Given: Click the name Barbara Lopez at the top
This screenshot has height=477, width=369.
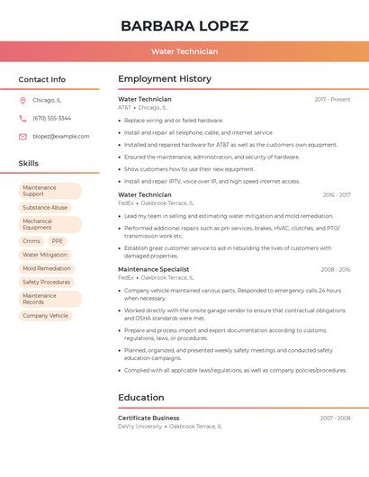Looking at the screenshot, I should tap(184, 25).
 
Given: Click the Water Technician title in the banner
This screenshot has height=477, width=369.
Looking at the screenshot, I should tap(184, 51).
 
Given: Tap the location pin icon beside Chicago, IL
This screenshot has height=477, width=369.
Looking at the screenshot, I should tap(22, 100).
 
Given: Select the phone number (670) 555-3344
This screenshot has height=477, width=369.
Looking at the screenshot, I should tap(51, 118).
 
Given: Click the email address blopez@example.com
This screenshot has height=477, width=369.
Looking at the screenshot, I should tap(61, 136).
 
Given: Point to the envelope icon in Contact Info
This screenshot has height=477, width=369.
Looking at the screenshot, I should tap(22, 136).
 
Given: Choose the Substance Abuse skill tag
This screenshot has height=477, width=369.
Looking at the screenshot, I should tap(45, 207).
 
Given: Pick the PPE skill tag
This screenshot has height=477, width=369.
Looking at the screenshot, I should tap(58, 241).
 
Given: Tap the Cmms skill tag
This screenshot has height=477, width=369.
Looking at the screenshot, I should tap(31, 241).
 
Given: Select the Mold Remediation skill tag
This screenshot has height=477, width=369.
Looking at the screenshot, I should tap(47, 268).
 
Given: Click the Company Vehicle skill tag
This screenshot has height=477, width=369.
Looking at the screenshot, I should tap(45, 316).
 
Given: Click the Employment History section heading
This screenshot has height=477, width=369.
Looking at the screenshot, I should tap(165, 79).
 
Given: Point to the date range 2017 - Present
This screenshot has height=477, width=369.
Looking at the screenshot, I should tap(332, 99).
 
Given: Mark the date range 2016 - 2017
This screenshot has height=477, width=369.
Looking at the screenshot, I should tap(336, 194).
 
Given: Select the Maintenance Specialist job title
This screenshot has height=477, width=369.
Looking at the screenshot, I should tap(154, 269).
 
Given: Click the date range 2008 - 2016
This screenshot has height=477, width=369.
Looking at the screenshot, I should tap(336, 269).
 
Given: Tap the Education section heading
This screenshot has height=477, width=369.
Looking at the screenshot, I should tap(141, 397).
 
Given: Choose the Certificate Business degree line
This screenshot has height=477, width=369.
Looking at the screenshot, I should tap(148, 418).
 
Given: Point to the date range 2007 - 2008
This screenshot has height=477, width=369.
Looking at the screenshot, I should tap(335, 418).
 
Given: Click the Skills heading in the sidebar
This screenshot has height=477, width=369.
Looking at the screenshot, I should tap(29, 163).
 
